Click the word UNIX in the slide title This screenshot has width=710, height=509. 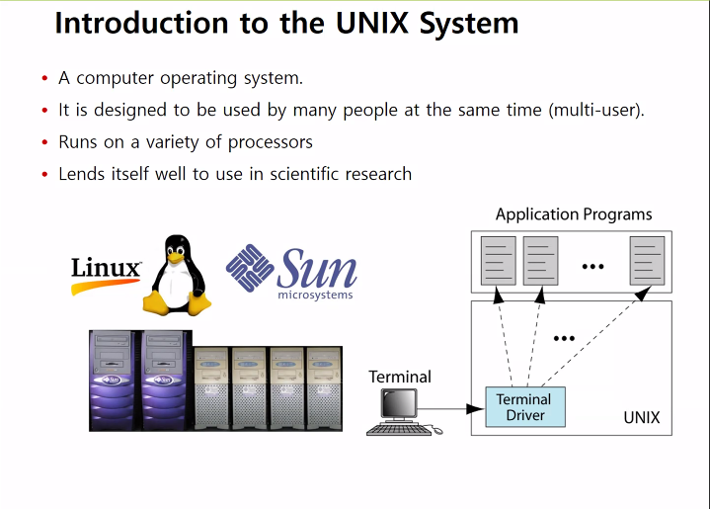point(364,23)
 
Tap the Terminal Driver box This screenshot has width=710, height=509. point(523,407)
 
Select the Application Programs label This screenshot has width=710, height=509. point(574,214)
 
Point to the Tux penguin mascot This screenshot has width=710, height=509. point(179,275)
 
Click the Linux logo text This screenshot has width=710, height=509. point(107,269)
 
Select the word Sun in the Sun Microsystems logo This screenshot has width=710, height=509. point(317,266)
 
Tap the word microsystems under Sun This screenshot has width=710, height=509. point(315,295)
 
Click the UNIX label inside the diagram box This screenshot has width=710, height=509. point(641,418)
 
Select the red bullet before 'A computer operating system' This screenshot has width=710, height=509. point(44,79)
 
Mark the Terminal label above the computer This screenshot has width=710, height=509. point(400,377)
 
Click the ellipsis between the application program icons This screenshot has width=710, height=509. point(592,266)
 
